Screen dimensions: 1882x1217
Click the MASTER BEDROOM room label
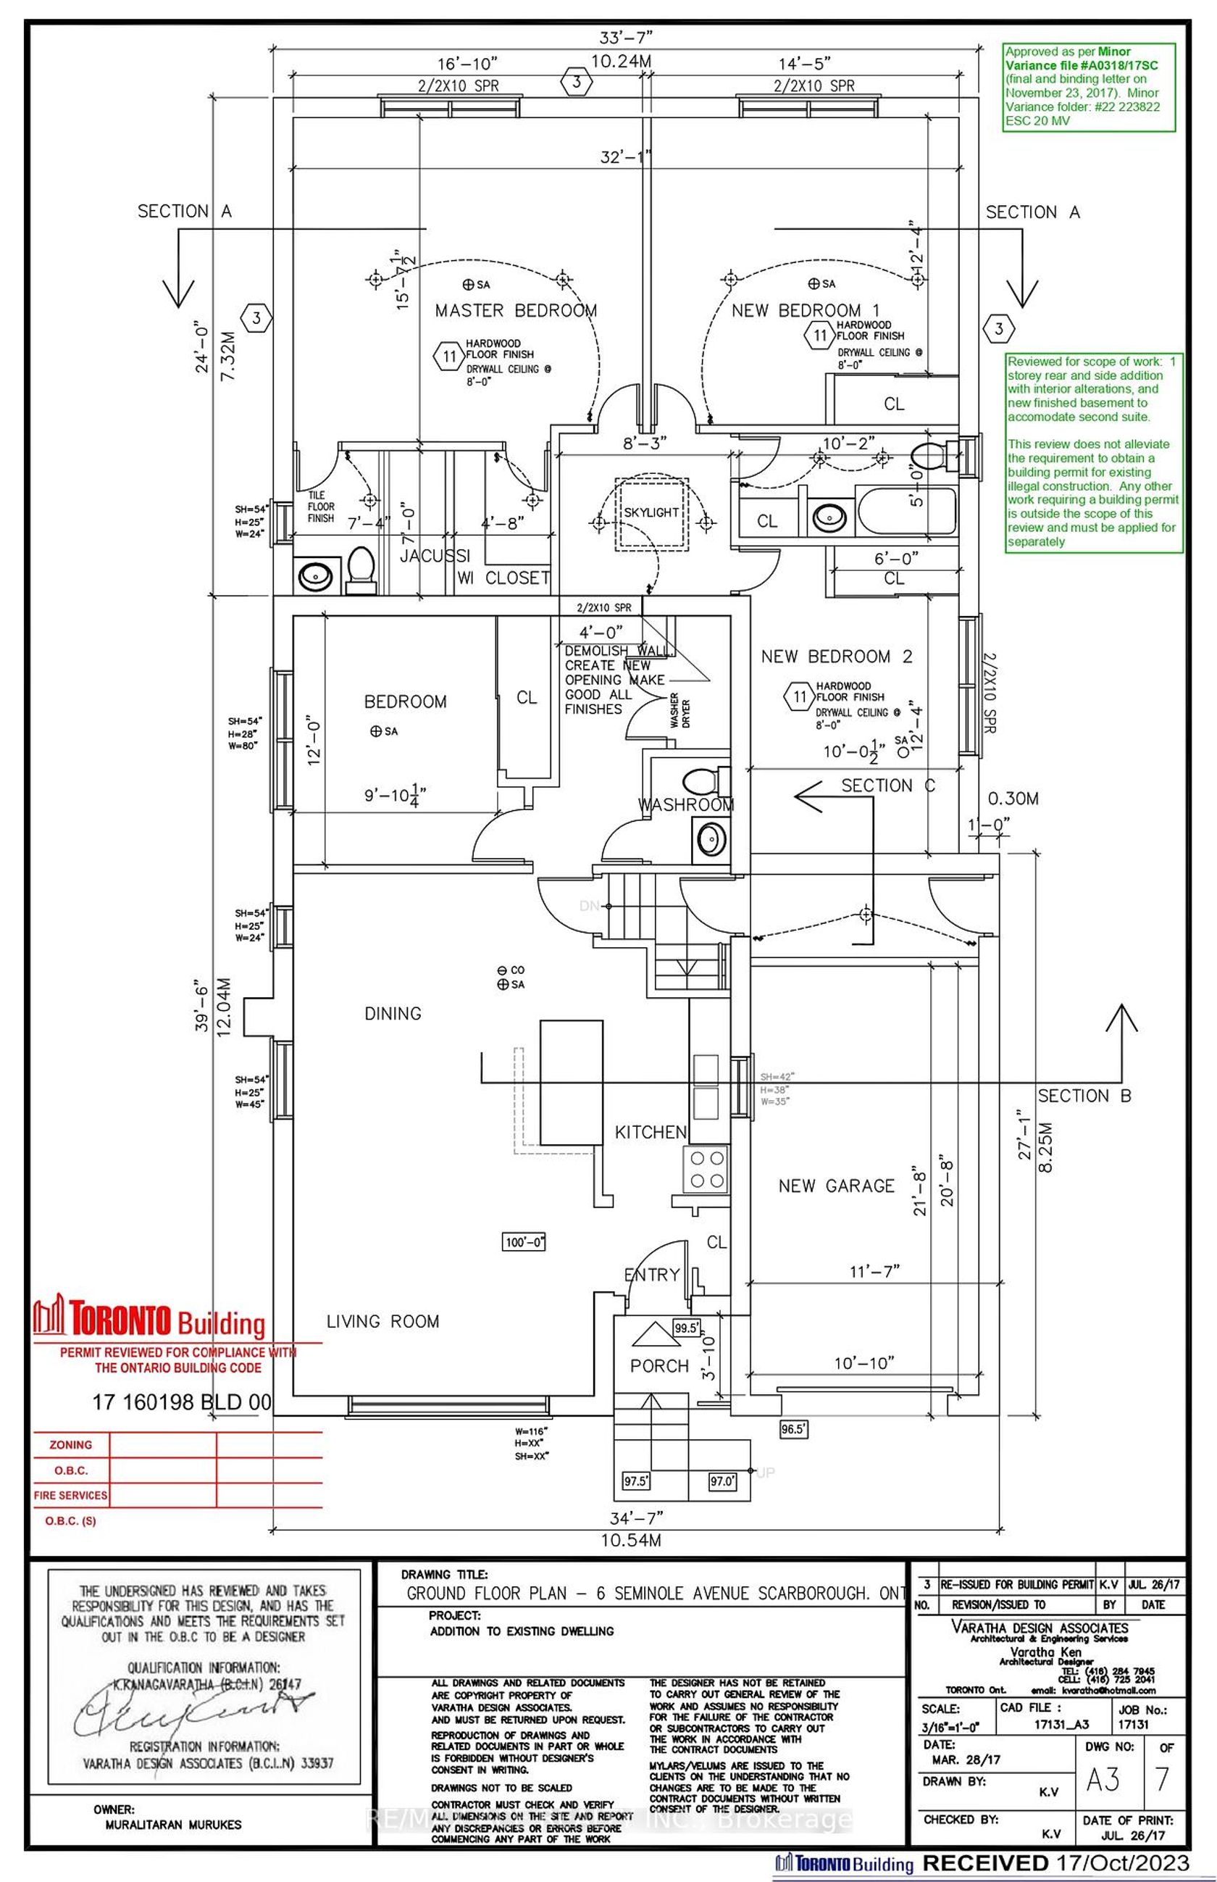coord(515,310)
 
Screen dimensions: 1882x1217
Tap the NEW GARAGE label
coord(836,1186)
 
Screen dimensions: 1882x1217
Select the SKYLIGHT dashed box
coord(652,512)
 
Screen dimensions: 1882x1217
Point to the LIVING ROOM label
coord(382,1321)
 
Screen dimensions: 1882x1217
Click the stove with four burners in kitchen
coord(706,1170)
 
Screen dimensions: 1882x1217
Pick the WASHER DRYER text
coord(680,712)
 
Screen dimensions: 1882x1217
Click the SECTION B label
coord(1084,1096)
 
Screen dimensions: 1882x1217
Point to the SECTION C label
coord(887,786)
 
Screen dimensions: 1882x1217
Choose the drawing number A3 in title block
coord(1103,1779)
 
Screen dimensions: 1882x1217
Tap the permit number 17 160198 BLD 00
coord(182,1402)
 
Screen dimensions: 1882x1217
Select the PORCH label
coord(659,1366)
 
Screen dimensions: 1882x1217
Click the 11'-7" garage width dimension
coord(874,1271)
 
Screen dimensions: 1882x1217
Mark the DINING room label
coord(393,1013)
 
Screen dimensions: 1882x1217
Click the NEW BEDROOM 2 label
coord(836,656)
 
